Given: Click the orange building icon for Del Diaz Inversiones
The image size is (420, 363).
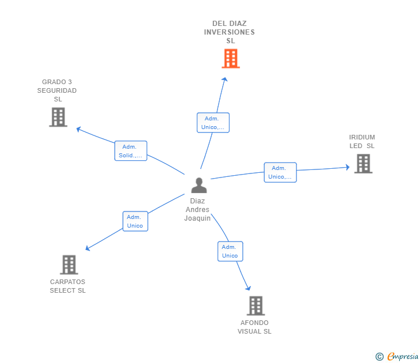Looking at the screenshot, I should (230, 58).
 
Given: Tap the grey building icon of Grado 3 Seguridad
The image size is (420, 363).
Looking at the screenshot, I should (58, 117).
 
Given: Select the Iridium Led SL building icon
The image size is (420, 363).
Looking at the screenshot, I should (363, 164).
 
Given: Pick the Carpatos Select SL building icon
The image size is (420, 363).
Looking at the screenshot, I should (69, 264).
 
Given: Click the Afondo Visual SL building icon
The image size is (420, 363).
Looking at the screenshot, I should (256, 305).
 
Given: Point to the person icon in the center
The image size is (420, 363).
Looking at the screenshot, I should (199, 185).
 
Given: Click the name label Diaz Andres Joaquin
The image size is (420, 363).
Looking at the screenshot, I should (197, 210).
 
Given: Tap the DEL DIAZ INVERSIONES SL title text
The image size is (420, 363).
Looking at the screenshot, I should (230, 32).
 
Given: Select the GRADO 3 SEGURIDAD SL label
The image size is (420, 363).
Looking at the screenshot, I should (57, 90).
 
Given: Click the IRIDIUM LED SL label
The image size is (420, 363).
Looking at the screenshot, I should (362, 142).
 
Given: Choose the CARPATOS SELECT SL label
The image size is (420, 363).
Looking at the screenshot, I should (67, 286).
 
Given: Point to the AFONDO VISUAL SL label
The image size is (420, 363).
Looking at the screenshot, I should (254, 327).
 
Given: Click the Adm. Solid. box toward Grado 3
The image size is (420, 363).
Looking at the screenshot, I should (130, 151).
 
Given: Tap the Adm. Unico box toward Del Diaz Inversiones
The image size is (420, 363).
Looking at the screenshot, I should (213, 123).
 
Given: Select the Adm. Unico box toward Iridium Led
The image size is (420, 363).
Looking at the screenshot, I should (280, 172).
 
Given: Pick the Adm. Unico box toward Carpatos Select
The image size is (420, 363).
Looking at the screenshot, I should (135, 221).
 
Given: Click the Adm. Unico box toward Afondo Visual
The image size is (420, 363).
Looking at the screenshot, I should (230, 251).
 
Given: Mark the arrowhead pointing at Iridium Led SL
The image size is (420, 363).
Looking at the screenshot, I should (347, 167).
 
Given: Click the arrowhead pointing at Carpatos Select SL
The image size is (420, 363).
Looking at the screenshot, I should (88, 248).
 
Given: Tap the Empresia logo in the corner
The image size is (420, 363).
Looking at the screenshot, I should (397, 357).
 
